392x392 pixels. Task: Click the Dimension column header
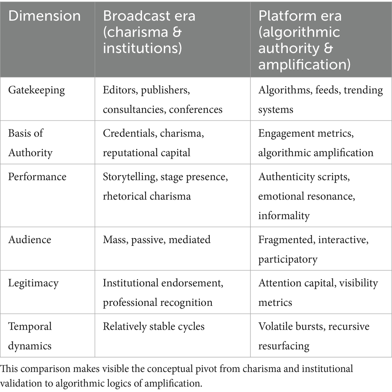tap(44, 16)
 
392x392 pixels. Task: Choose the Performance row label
tap(37, 177)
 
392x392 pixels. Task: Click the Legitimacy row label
tap(34, 283)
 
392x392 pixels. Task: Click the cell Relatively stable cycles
tap(154, 326)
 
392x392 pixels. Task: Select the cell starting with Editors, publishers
tap(163, 99)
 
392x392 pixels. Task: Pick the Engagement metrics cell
tap(316, 143)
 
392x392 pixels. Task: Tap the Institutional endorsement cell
tap(163, 292)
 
